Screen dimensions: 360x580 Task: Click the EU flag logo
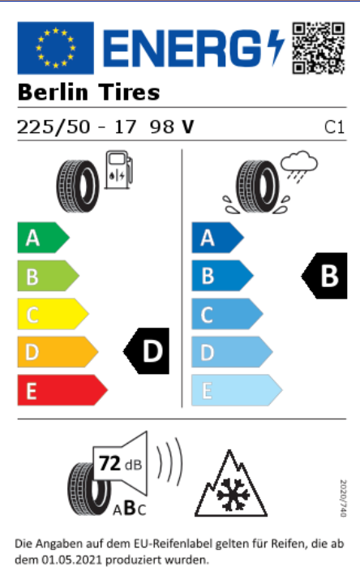coord(55,48)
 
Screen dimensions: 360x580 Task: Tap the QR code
coord(318,48)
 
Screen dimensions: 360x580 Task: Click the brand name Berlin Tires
coord(88,92)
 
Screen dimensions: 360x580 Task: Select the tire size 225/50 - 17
coord(76,127)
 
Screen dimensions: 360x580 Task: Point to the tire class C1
coord(334,127)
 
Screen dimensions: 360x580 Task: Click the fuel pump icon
coord(118,170)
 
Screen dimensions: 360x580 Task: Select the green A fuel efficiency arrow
coord(43,238)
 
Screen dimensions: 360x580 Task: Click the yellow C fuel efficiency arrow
coord(53,314)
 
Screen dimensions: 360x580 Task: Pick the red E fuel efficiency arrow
coord(62,390)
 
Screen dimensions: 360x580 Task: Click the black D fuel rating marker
coord(147,351)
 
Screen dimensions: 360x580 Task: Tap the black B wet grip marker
coord(324,276)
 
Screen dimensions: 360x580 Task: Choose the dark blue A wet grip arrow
coord(217,238)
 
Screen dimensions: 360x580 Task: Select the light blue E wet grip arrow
coord(237,390)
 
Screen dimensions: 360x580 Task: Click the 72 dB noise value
coord(121,463)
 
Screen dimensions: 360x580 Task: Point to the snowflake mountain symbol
coord(231,483)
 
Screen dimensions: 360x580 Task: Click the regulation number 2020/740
coord(343,498)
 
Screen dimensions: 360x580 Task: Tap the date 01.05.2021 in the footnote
coord(71,560)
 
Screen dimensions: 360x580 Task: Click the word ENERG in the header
coord(182,48)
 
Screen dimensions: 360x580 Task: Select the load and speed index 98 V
coord(172,127)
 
